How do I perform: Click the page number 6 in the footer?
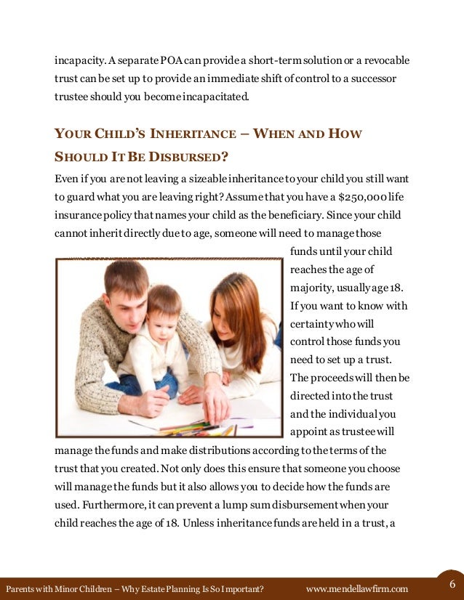pyautogui.click(x=452, y=585)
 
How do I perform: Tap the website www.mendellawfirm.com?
pyautogui.click(x=357, y=588)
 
